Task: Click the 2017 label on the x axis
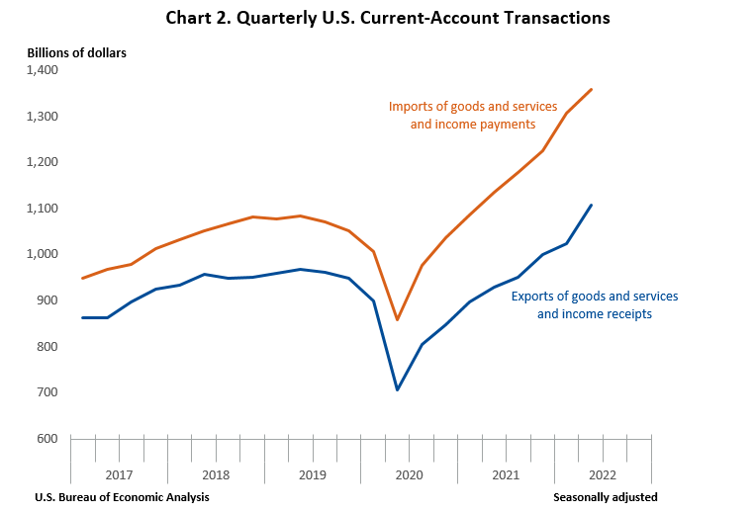pos(119,474)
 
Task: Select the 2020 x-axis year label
pos(410,474)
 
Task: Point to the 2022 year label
pos(604,474)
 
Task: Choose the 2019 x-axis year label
pos(313,474)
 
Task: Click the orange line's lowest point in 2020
pos(398,319)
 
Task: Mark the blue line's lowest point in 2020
pos(398,389)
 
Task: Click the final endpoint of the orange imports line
pos(592,89)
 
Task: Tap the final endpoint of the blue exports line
pos(592,205)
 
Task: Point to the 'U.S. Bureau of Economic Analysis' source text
pos(122,497)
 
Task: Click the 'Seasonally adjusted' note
pos(606,497)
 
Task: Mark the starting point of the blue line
pos(83,317)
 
